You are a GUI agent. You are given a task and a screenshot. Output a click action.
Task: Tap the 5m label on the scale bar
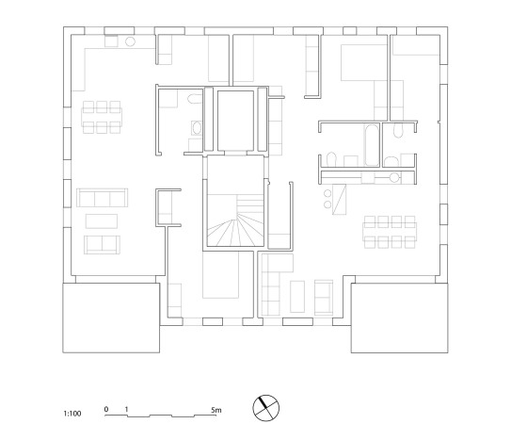tap(216, 410)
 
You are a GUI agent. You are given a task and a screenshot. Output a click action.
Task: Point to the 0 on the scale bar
tap(106, 410)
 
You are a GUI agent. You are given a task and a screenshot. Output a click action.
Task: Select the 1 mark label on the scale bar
tap(126, 410)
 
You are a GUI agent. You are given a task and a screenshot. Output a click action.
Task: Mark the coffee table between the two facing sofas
tap(102, 221)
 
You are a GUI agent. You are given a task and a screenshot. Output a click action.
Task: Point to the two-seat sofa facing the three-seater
tap(102, 245)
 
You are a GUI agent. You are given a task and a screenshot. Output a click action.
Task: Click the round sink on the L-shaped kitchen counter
tap(130, 42)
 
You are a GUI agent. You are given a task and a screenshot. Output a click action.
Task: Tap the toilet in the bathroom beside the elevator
tap(193, 100)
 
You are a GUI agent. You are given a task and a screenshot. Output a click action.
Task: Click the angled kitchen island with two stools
tap(337, 196)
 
